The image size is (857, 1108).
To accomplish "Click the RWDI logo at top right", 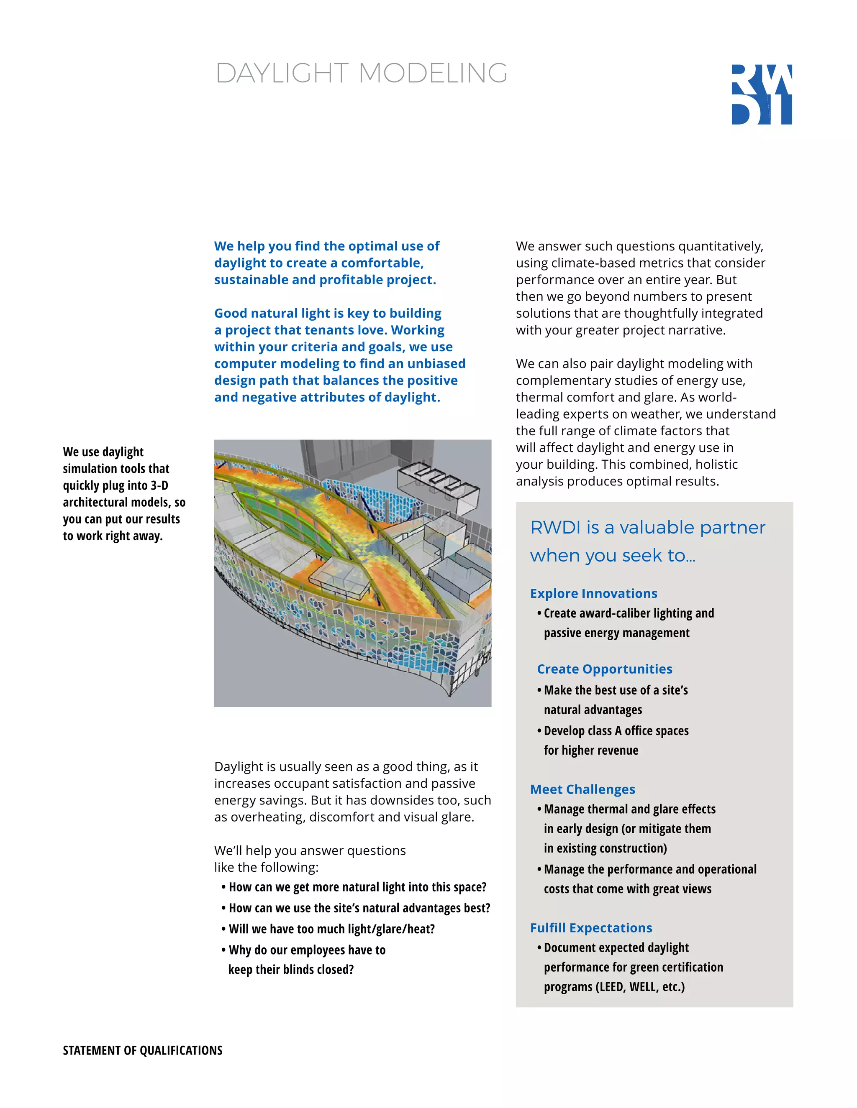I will click(761, 94).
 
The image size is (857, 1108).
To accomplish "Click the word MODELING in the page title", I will click(433, 73).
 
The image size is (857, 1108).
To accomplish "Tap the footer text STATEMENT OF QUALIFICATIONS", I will click(143, 1050).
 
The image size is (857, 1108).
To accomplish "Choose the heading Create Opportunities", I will click(604, 669).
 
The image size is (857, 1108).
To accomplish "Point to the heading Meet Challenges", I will click(582, 789).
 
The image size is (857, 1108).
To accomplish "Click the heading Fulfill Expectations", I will click(591, 927).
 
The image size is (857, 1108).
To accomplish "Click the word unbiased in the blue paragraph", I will click(436, 364).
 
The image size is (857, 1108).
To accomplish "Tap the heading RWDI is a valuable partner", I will click(647, 528).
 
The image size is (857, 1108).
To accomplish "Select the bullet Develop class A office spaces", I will click(616, 730).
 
